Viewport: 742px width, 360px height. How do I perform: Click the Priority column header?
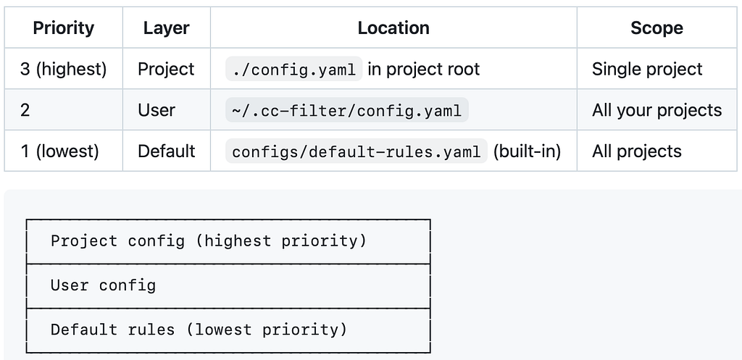click(x=64, y=28)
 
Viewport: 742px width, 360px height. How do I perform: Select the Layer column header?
click(x=166, y=28)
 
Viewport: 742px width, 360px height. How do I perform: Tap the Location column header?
click(x=393, y=28)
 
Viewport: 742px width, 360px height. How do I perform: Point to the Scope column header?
click(x=656, y=28)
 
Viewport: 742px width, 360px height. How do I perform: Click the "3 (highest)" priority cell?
click(x=64, y=69)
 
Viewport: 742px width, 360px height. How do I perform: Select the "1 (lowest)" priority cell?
click(x=59, y=151)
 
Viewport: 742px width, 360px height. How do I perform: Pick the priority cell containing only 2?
click(x=25, y=110)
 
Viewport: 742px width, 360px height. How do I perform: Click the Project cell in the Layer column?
click(x=166, y=69)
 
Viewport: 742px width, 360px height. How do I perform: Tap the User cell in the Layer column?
click(x=157, y=110)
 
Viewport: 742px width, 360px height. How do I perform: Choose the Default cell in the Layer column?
click(x=166, y=151)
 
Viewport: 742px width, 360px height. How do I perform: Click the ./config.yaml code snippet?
click(x=294, y=69)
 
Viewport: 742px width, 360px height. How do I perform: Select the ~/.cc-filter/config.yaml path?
click(x=347, y=110)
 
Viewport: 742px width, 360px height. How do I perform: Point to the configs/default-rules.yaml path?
click(x=357, y=151)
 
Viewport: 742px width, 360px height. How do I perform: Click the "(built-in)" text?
click(x=527, y=151)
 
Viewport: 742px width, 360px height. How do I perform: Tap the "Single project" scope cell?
click(x=647, y=69)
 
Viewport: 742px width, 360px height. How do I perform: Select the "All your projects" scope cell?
click(x=656, y=110)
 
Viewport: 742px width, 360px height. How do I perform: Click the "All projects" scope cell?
click(x=636, y=151)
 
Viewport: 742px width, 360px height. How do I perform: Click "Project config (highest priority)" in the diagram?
click(x=209, y=240)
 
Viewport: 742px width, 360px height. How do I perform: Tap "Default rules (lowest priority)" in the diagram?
click(x=199, y=330)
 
